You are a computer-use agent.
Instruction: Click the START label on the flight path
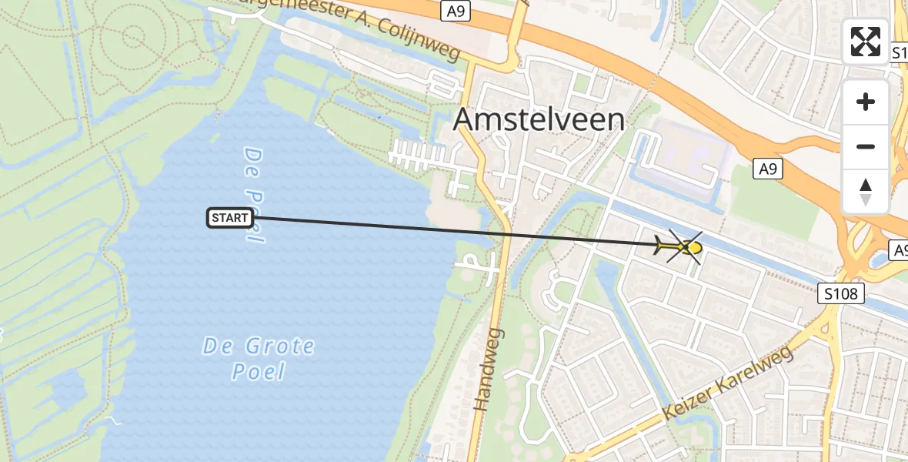229,218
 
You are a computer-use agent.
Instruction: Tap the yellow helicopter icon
680,247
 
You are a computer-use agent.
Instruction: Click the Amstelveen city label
539,120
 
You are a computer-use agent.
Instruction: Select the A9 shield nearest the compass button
767,169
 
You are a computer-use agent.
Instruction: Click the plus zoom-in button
866,102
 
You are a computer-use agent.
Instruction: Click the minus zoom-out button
866,146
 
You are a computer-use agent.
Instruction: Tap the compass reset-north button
866,191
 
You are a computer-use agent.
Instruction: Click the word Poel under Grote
259,372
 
